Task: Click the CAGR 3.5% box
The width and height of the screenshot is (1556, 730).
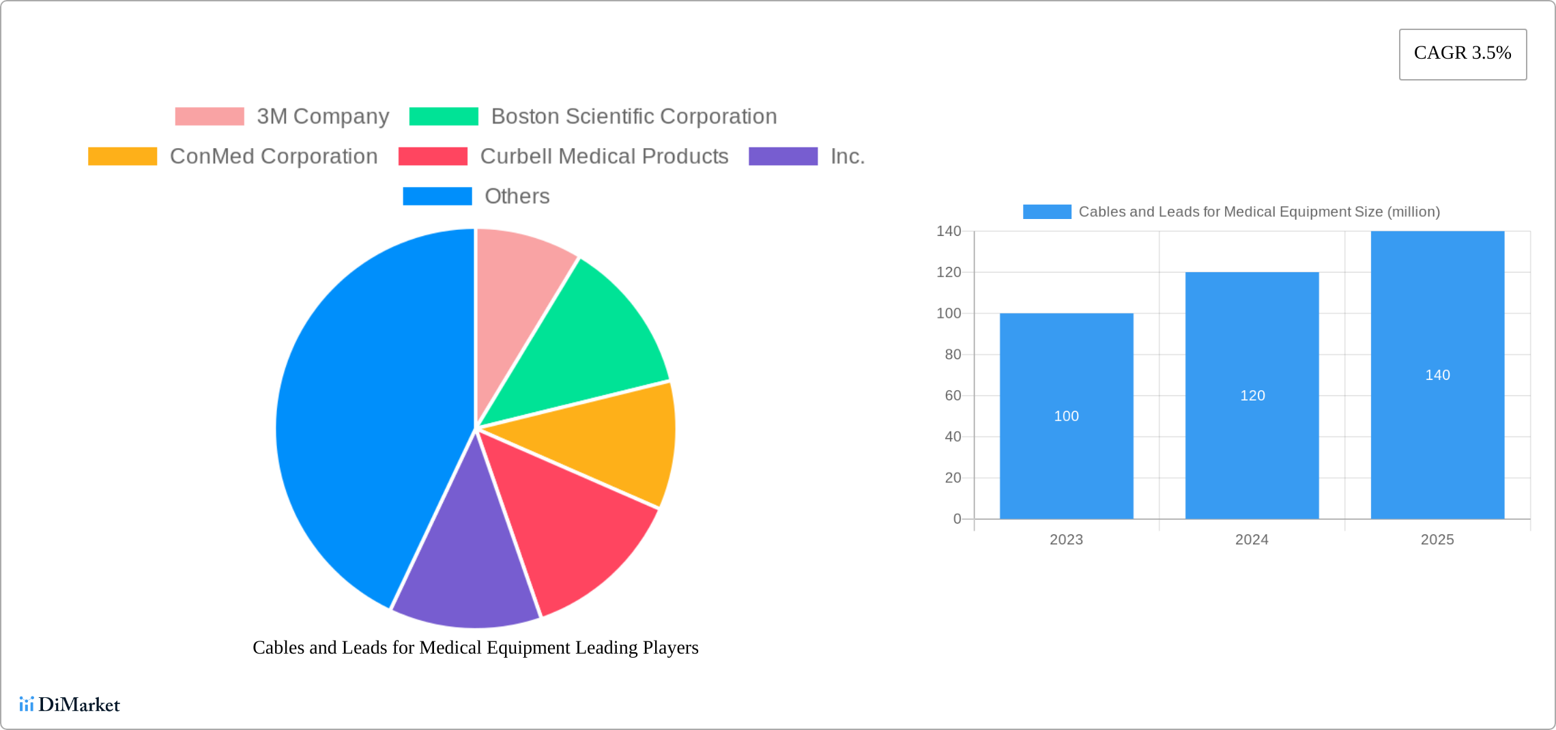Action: [x=1463, y=54]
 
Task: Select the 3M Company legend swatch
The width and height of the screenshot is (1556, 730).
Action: [x=210, y=117]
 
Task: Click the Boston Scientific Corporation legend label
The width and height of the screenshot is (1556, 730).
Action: [x=633, y=117]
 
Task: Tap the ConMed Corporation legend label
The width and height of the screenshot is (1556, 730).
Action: [x=273, y=156]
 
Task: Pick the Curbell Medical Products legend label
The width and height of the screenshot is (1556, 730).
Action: [x=604, y=156]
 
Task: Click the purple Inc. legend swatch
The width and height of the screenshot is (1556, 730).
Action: [x=783, y=156]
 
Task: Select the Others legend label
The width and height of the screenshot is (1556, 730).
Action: [x=517, y=196]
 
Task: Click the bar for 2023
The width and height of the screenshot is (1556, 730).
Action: [x=1066, y=443]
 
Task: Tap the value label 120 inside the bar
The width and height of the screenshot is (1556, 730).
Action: [x=1252, y=396]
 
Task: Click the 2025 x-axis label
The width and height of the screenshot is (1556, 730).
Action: [x=1437, y=540]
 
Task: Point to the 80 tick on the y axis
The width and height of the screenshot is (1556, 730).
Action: [x=953, y=355]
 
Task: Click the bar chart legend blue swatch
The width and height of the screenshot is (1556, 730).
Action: [x=1047, y=212]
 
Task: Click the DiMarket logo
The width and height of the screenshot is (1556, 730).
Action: [x=70, y=705]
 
